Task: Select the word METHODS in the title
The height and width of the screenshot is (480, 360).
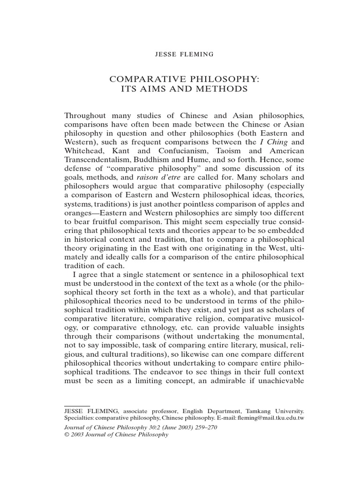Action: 217,89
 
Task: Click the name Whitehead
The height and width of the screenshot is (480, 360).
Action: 82,151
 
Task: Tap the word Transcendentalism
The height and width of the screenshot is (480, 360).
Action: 99,160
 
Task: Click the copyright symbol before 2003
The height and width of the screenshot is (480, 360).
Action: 66,435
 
